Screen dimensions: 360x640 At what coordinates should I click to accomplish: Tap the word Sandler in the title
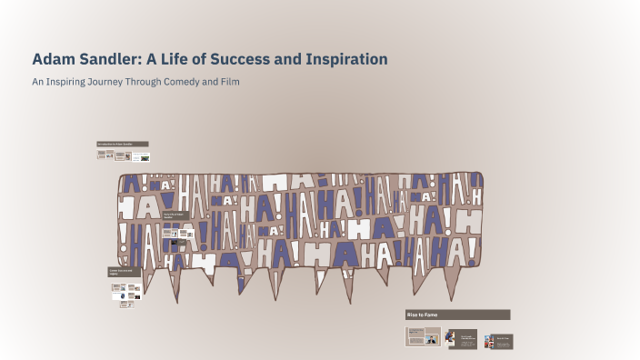(108, 59)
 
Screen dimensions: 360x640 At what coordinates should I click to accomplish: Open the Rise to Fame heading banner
(457, 315)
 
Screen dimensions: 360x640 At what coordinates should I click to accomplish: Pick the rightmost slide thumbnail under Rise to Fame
(498, 341)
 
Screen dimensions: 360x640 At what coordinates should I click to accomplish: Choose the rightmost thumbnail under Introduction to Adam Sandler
(141, 156)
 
